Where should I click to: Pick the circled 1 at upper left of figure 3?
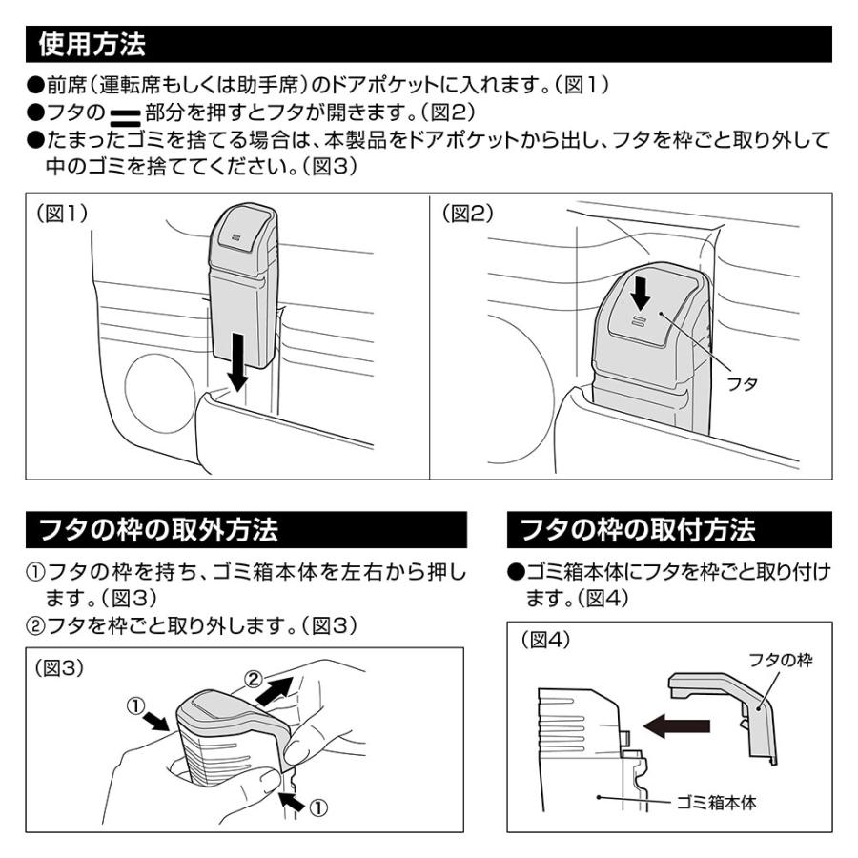point(137,706)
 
